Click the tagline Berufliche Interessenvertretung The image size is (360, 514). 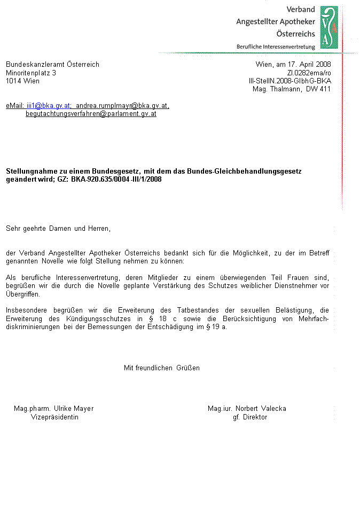point(276,46)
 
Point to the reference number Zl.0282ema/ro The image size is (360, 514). point(309,73)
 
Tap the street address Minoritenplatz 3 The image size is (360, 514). point(31,73)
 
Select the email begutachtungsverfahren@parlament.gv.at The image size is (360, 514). point(91,114)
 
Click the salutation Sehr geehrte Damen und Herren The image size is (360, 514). point(58,229)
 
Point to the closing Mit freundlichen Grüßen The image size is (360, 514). point(162,368)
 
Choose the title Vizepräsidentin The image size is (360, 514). point(54,417)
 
